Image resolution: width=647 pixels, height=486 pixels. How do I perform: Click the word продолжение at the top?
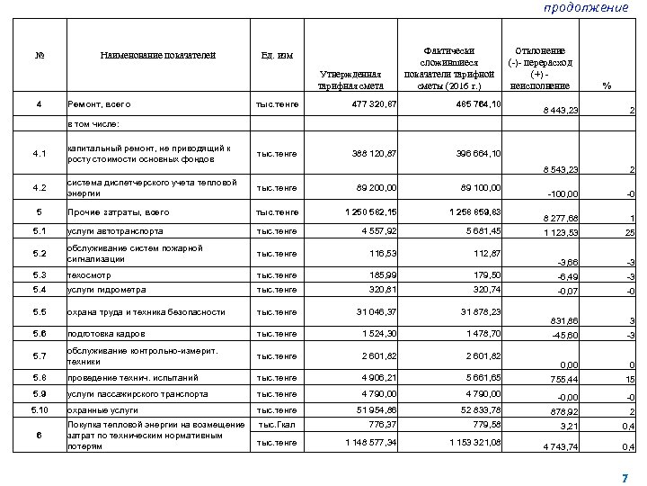click(587, 8)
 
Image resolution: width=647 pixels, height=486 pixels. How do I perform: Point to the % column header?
click(608, 85)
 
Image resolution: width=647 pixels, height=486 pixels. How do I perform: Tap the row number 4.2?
click(39, 188)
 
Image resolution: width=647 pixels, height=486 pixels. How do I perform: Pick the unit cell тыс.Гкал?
click(278, 425)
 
